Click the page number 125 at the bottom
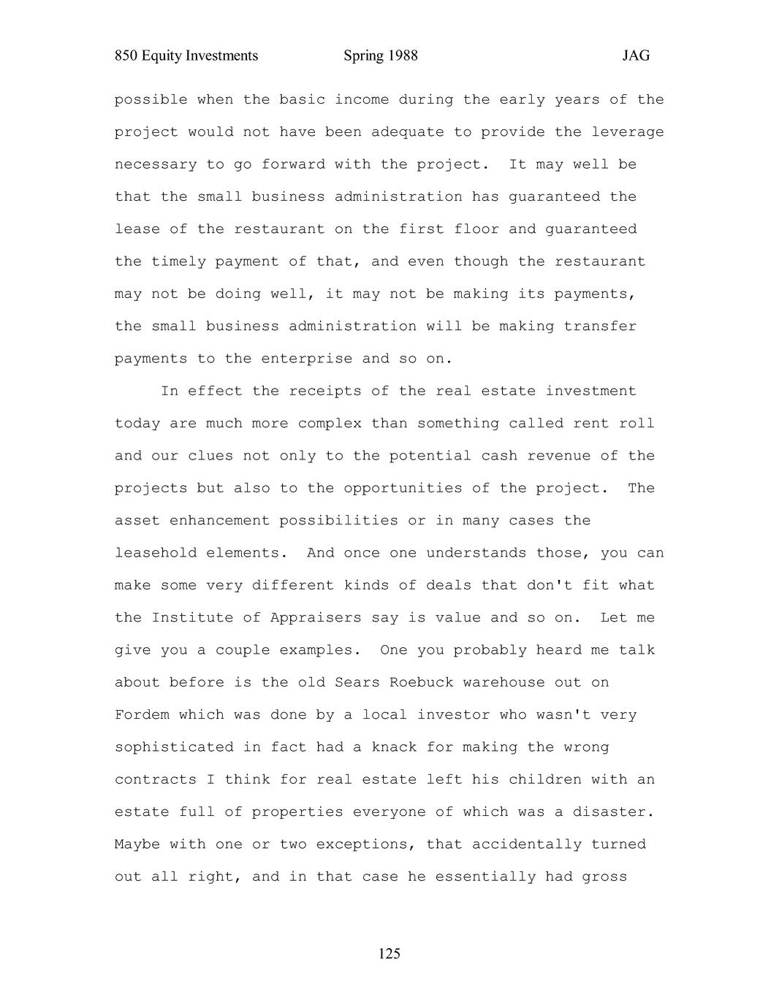(389, 953)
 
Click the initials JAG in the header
(636, 56)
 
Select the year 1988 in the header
(400, 56)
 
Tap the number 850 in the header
(126, 56)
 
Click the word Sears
(357, 682)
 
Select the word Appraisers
(316, 617)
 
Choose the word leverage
(628, 132)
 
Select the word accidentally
(527, 844)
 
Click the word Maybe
(137, 844)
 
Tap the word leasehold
(156, 553)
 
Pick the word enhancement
(219, 520)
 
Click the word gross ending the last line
(604, 876)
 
